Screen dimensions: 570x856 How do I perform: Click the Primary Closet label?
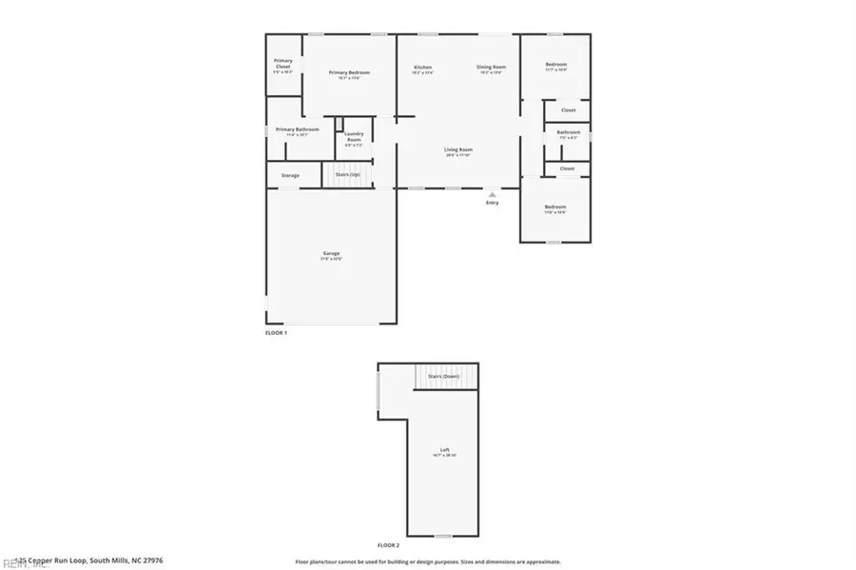coord(282,65)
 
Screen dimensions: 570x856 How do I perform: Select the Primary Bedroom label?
coord(349,72)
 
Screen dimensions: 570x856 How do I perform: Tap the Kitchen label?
coord(422,67)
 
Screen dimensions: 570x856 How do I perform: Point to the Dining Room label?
coord(491,67)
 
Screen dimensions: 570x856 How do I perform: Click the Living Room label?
coord(458,149)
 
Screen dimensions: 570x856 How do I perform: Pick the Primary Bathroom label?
coord(298,129)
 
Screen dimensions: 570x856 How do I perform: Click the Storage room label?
coord(290,175)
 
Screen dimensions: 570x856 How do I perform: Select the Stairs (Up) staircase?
coord(347,175)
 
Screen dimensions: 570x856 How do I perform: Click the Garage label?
coord(330,253)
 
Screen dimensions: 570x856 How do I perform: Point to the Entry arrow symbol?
coord(492,193)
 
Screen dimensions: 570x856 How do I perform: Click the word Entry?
coord(492,203)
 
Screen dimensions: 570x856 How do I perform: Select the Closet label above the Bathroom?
coord(568,110)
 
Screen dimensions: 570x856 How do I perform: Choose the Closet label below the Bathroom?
coord(568,168)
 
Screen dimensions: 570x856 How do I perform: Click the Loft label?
coord(444,449)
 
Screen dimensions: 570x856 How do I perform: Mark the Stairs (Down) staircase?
coord(444,377)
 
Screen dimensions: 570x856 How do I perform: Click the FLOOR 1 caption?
coord(276,333)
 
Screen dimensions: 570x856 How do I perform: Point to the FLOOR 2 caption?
coord(388,545)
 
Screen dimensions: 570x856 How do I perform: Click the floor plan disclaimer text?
coord(428,561)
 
